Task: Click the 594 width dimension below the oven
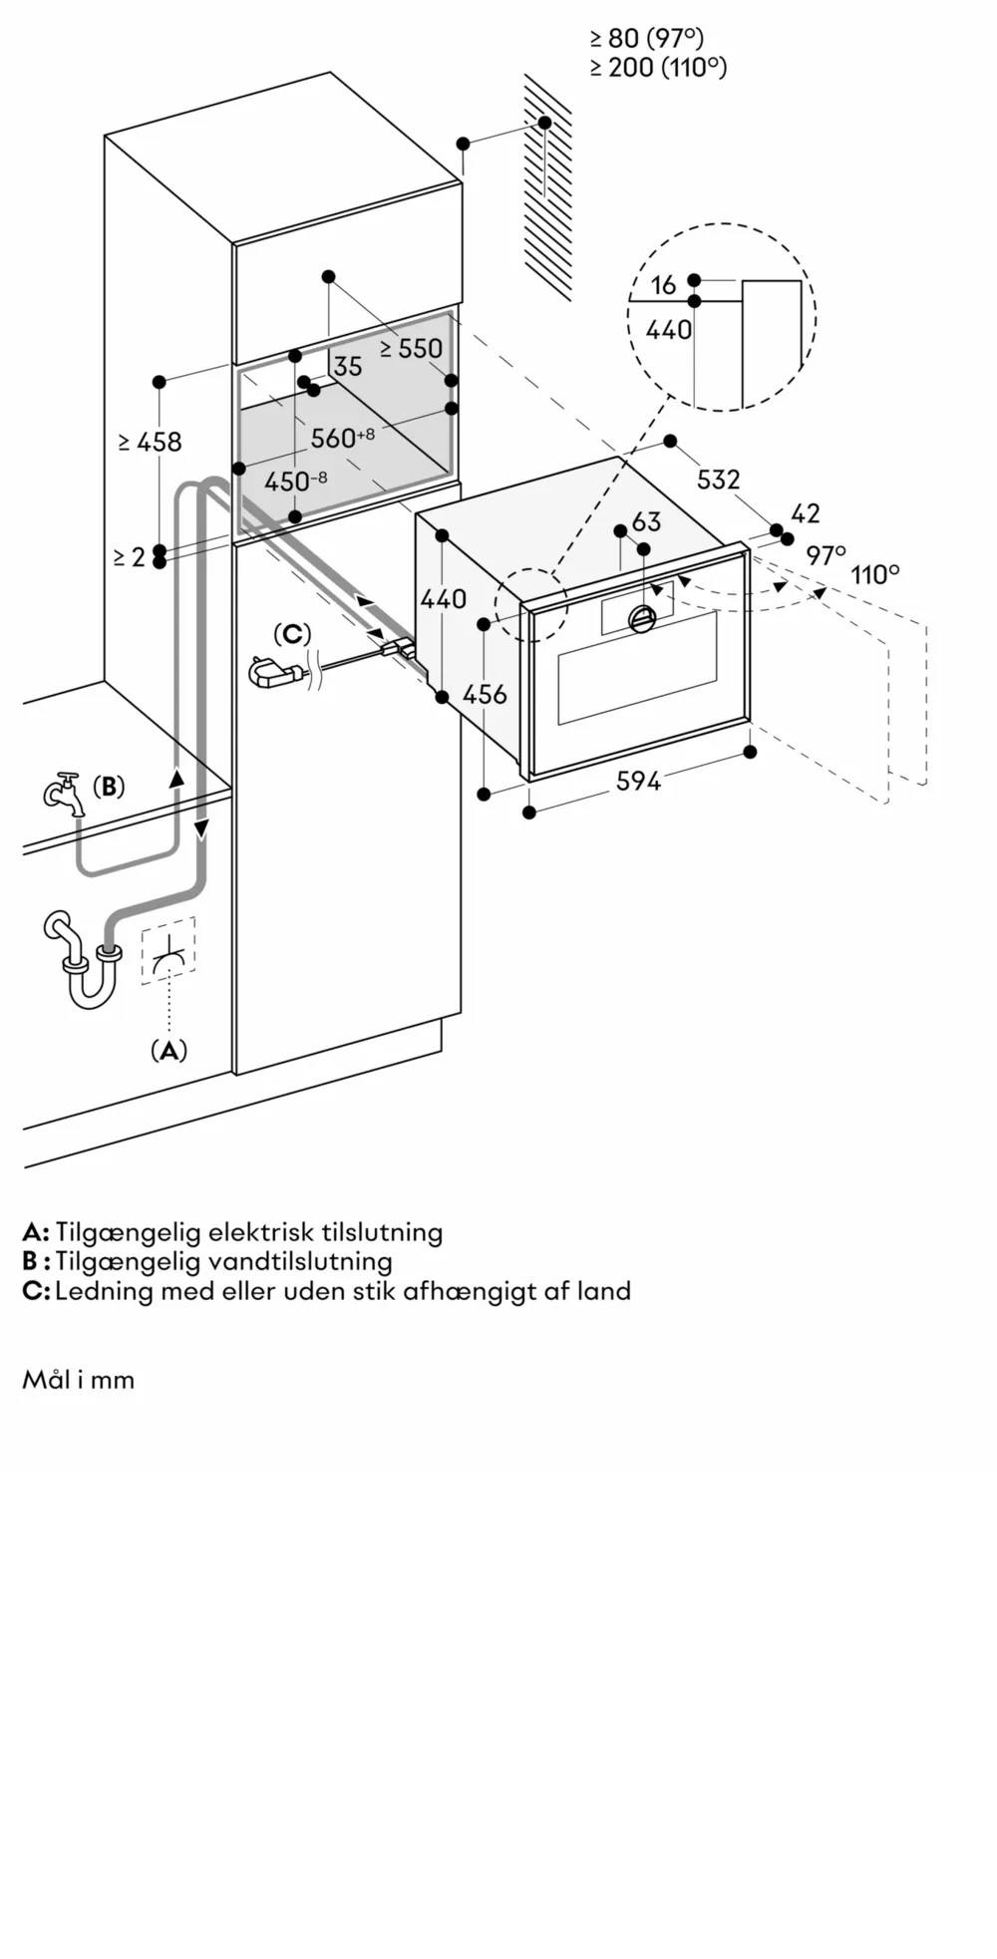(x=638, y=782)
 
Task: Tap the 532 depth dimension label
(x=718, y=480)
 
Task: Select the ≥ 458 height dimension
(x=150, y=441)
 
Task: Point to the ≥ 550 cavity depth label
(x=411, y=348)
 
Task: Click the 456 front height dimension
(x=486, y=694)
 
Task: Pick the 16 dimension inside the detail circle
(x=664, y=286)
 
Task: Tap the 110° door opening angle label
(x=874, y=575)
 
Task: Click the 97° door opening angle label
(x=826, y=555)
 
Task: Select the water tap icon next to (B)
(x=66, y=793)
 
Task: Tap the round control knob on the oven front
(x=642, y=619)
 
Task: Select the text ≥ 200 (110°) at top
(x=658, y=68)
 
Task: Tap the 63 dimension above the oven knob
(x=646, y=521)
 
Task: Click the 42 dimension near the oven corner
(x=806, y=512)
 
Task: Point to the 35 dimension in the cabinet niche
(x=348, y=367)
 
